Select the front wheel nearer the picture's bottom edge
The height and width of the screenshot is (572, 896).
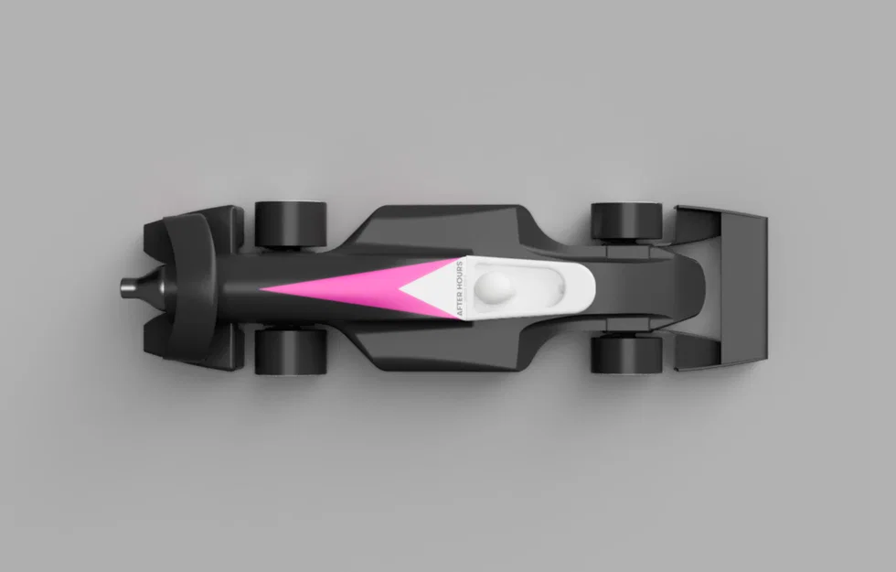click(x=291, y=350)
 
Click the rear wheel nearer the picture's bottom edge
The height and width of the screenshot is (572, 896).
click(x=626, y=355)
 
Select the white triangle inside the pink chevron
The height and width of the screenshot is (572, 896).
click(x=434, y=288)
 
